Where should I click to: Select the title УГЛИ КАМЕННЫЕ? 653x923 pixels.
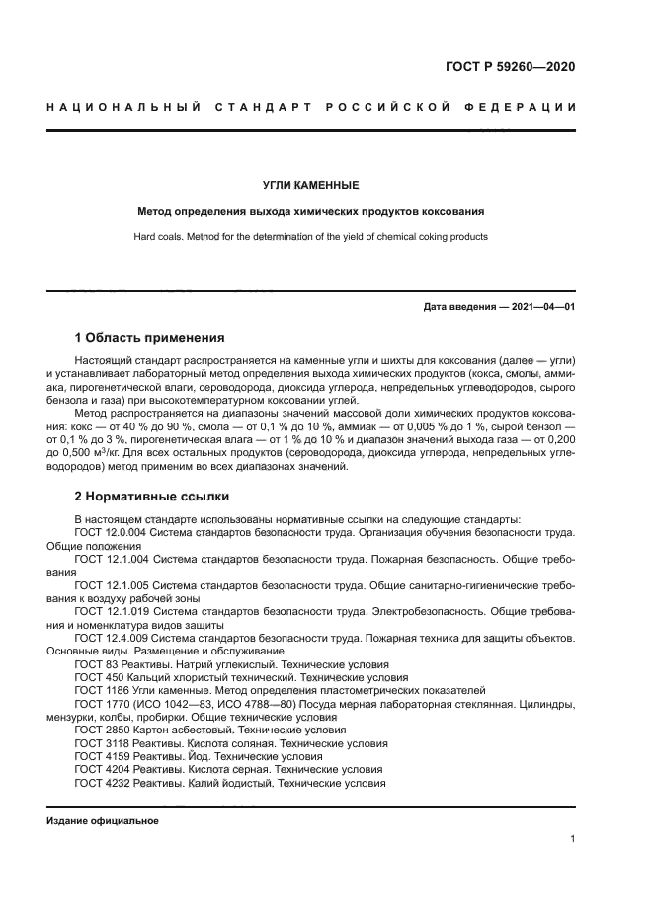click(x=310, y=185)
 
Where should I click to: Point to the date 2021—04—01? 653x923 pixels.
click(x=540, y=307)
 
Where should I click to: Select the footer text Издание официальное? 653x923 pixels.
click(x=103, y=820)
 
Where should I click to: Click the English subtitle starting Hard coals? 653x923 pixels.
click(x=310, y=237)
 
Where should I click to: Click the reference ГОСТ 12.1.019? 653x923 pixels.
click(x=109, y=612)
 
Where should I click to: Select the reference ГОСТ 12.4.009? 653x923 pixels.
click(x=109, y=638)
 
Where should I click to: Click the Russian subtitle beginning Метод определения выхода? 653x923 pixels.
click(x=310, y=211)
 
